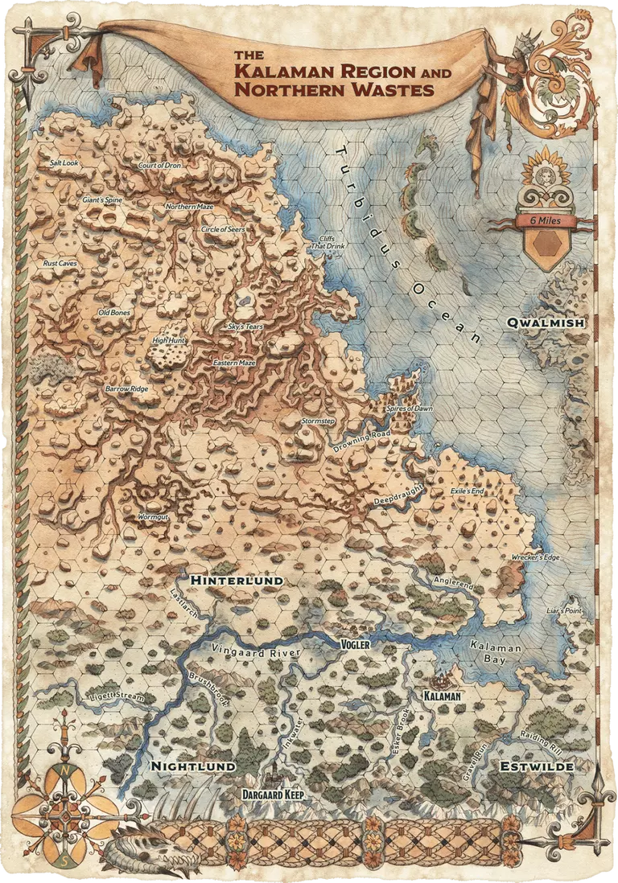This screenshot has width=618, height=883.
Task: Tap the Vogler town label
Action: coord(355,645)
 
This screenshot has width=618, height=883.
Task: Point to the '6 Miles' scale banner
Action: coord(551,220)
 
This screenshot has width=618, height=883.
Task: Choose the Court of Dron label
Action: coord(159,165)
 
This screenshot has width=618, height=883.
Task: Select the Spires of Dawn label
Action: coord(410,409)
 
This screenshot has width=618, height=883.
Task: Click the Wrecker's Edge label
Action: coord(537,556)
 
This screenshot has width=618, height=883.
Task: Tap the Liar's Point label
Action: coord(562,610)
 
